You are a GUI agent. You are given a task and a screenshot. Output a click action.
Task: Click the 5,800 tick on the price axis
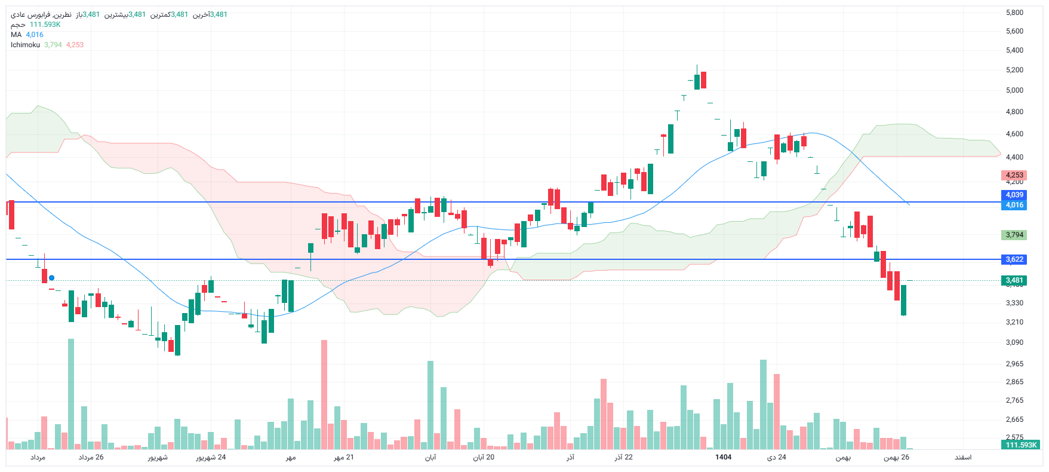tap(1014, 13)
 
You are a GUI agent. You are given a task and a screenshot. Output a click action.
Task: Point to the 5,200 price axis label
tap(1014, 70)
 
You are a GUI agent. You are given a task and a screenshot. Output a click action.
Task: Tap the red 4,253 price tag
tap(1014, 176)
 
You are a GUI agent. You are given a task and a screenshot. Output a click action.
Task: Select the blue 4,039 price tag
tap(1014, 195)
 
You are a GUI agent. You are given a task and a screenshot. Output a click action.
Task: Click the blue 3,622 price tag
tap(1014, 259)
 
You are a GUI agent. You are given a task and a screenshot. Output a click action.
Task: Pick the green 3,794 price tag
tap(1014, 235)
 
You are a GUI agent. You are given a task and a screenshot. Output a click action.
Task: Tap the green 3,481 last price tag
tap(1014, 280)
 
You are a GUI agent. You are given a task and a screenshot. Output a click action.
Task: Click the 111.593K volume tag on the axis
tap(1022, 445)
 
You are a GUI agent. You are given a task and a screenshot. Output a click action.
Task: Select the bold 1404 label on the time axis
tap(723, 457)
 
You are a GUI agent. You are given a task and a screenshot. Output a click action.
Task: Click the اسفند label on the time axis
tap(962, 457)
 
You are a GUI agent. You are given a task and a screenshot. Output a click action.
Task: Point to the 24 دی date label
tap(777, 457)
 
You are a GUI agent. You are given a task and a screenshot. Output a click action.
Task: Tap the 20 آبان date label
tap(484, 457)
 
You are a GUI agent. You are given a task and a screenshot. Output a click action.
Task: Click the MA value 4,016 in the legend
tap(35, 35)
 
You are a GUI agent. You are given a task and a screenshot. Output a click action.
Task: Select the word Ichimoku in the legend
tap(25, 45)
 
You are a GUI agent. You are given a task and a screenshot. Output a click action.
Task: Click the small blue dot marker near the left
tap(52, 278)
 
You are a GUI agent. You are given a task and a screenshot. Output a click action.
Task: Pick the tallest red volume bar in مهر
tap(324, 394)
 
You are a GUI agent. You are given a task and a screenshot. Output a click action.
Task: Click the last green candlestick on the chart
tap(903, 300)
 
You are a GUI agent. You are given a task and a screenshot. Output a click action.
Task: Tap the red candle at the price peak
tap(704, 79)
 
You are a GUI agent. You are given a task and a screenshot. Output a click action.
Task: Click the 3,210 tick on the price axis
tap(1014, 322)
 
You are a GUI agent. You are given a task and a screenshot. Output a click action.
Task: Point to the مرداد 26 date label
tap(91, 457)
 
